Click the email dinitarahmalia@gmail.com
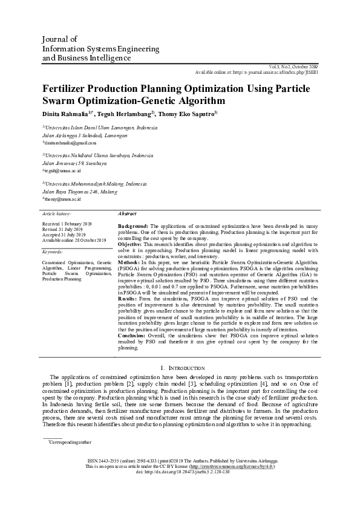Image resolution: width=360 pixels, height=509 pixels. click(70, 143)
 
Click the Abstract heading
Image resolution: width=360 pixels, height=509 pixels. click(127, 214)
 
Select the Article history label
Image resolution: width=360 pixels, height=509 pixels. click(57, 214)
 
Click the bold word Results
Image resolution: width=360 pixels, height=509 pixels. click(128, 299)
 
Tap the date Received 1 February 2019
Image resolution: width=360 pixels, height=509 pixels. click(67, 224)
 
